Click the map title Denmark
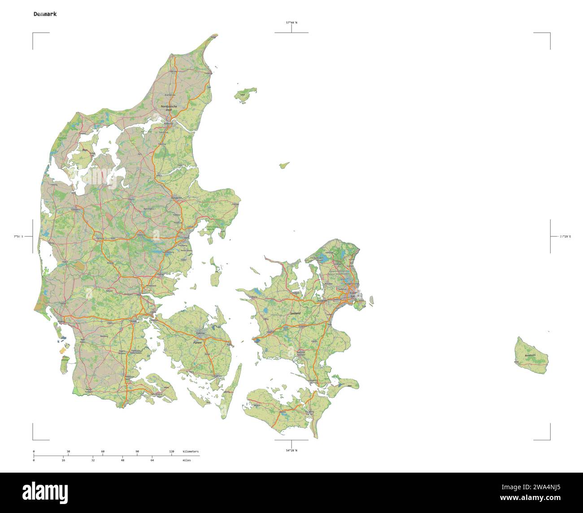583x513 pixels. coord(45,14)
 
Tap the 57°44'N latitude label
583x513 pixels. coord(292,22)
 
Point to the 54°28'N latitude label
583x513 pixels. coord(291,450)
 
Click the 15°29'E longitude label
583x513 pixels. coord(565,236)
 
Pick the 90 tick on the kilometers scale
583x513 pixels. coord(137,451)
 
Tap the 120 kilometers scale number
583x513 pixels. coord(171,451)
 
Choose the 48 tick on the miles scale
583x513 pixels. coord(122,460)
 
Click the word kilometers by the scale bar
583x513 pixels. coord(191,451)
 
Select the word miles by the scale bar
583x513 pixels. coord(187,460)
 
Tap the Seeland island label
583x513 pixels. coord(295,313)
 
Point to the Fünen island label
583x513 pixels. coord(197,342)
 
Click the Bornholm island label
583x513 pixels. coord(531,355)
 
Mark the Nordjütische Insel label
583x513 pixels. coord(169,108)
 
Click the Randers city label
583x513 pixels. coord(177,198)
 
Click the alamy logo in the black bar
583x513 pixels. coord(45,492)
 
